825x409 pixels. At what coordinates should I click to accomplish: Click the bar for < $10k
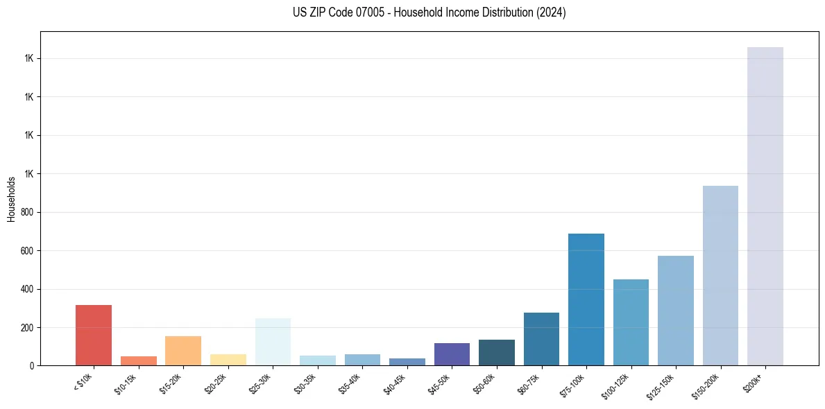coord(94,335)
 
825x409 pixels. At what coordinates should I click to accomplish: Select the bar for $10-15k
coord(138,360)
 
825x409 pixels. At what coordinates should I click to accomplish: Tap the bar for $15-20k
coord(183,351)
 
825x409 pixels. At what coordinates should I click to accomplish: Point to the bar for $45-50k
coord(452,354)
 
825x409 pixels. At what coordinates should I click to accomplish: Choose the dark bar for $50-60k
coord(497,352)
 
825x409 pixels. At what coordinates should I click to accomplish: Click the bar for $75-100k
coord(586,299)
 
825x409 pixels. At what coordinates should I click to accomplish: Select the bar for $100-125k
coord(631,322)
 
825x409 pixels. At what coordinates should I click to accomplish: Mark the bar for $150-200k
coord(720,275)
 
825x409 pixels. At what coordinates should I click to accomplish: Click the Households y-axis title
coord(12,199)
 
